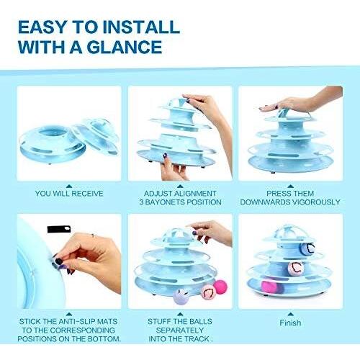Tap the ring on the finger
(93, 235)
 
